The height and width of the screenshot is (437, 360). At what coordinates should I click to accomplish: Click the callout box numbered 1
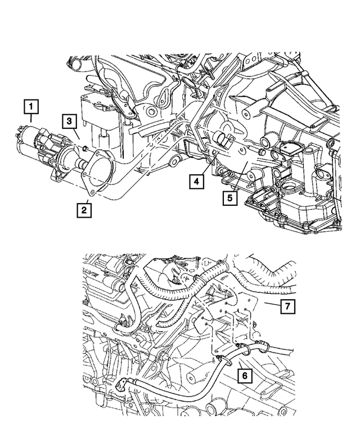tap(31, 106)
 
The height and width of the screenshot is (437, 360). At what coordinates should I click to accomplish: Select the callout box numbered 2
tap(83, 210)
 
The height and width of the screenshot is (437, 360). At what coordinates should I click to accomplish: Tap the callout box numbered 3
tap(68, 121)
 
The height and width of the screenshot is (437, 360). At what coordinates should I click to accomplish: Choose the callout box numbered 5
tap(230, 198)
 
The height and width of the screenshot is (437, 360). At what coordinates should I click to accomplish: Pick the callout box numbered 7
tap(287, 307)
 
